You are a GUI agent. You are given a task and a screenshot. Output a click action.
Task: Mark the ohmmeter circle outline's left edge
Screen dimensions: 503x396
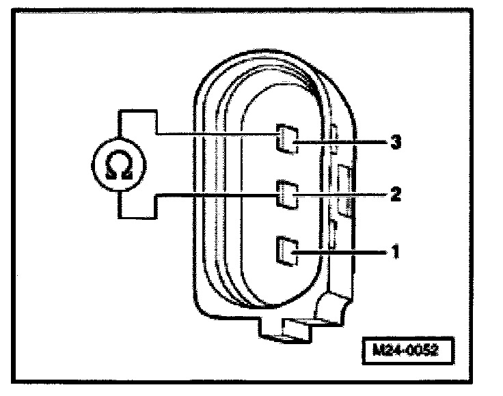93,164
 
